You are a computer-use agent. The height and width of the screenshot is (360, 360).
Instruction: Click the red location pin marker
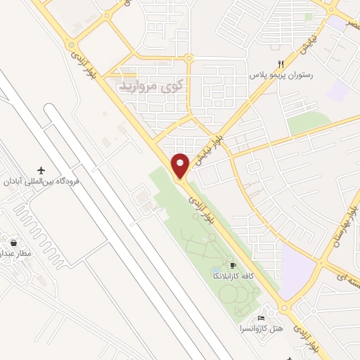click(181, 165)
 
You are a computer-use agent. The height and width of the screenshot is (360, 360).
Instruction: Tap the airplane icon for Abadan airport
click(41, 171)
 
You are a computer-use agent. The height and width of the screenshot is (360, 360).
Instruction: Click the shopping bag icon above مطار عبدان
click(14, 243)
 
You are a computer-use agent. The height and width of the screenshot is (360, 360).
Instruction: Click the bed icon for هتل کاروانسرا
click(262, 319)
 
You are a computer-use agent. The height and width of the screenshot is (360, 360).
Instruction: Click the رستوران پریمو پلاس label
click(281, 74)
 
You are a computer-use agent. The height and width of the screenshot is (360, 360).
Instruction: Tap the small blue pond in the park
click(215, 271)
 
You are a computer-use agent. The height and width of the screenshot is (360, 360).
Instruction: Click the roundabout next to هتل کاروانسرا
click(284, 307)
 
